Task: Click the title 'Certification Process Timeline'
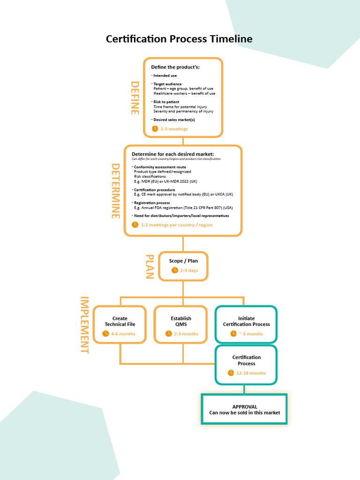[179, 39]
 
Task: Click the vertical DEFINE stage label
[135, 98]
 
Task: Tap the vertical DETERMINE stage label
[115, 191]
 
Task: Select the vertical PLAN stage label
[150, 266]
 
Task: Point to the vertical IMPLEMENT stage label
[84, 325]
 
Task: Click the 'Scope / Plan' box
[183, 266]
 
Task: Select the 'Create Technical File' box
[120, 324]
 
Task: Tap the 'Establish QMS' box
[180, 324]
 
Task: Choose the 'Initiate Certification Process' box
[246, 324]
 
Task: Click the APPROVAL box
[244, 409]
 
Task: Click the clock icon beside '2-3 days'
[175, 270]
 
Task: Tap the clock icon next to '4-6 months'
[105, 334]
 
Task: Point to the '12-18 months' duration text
[251, 373]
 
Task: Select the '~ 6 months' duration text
[251, 334]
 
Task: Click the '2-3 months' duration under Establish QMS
[186, 334]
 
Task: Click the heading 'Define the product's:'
[175, 67]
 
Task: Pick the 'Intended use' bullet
[165, 75]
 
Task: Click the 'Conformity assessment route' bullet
[160, 167]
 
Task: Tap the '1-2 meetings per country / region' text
[177, 225]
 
